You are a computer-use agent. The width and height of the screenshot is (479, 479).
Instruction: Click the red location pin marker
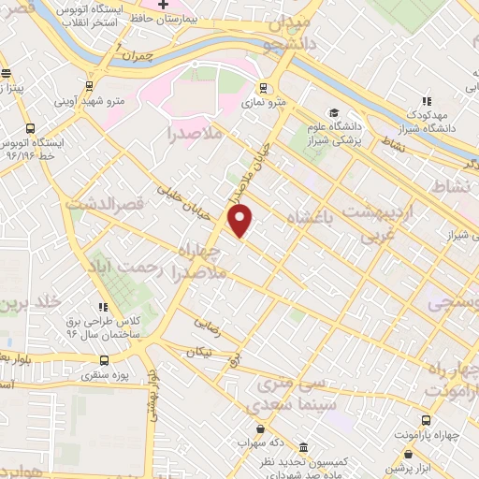241,221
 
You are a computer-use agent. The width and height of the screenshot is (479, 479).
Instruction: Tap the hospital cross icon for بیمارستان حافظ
161,6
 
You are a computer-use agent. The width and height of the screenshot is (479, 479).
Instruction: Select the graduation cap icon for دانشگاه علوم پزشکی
334,113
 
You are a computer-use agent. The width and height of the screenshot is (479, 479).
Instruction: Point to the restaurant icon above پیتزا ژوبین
7,74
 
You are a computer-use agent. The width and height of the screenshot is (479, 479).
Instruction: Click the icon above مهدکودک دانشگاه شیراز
426,101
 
